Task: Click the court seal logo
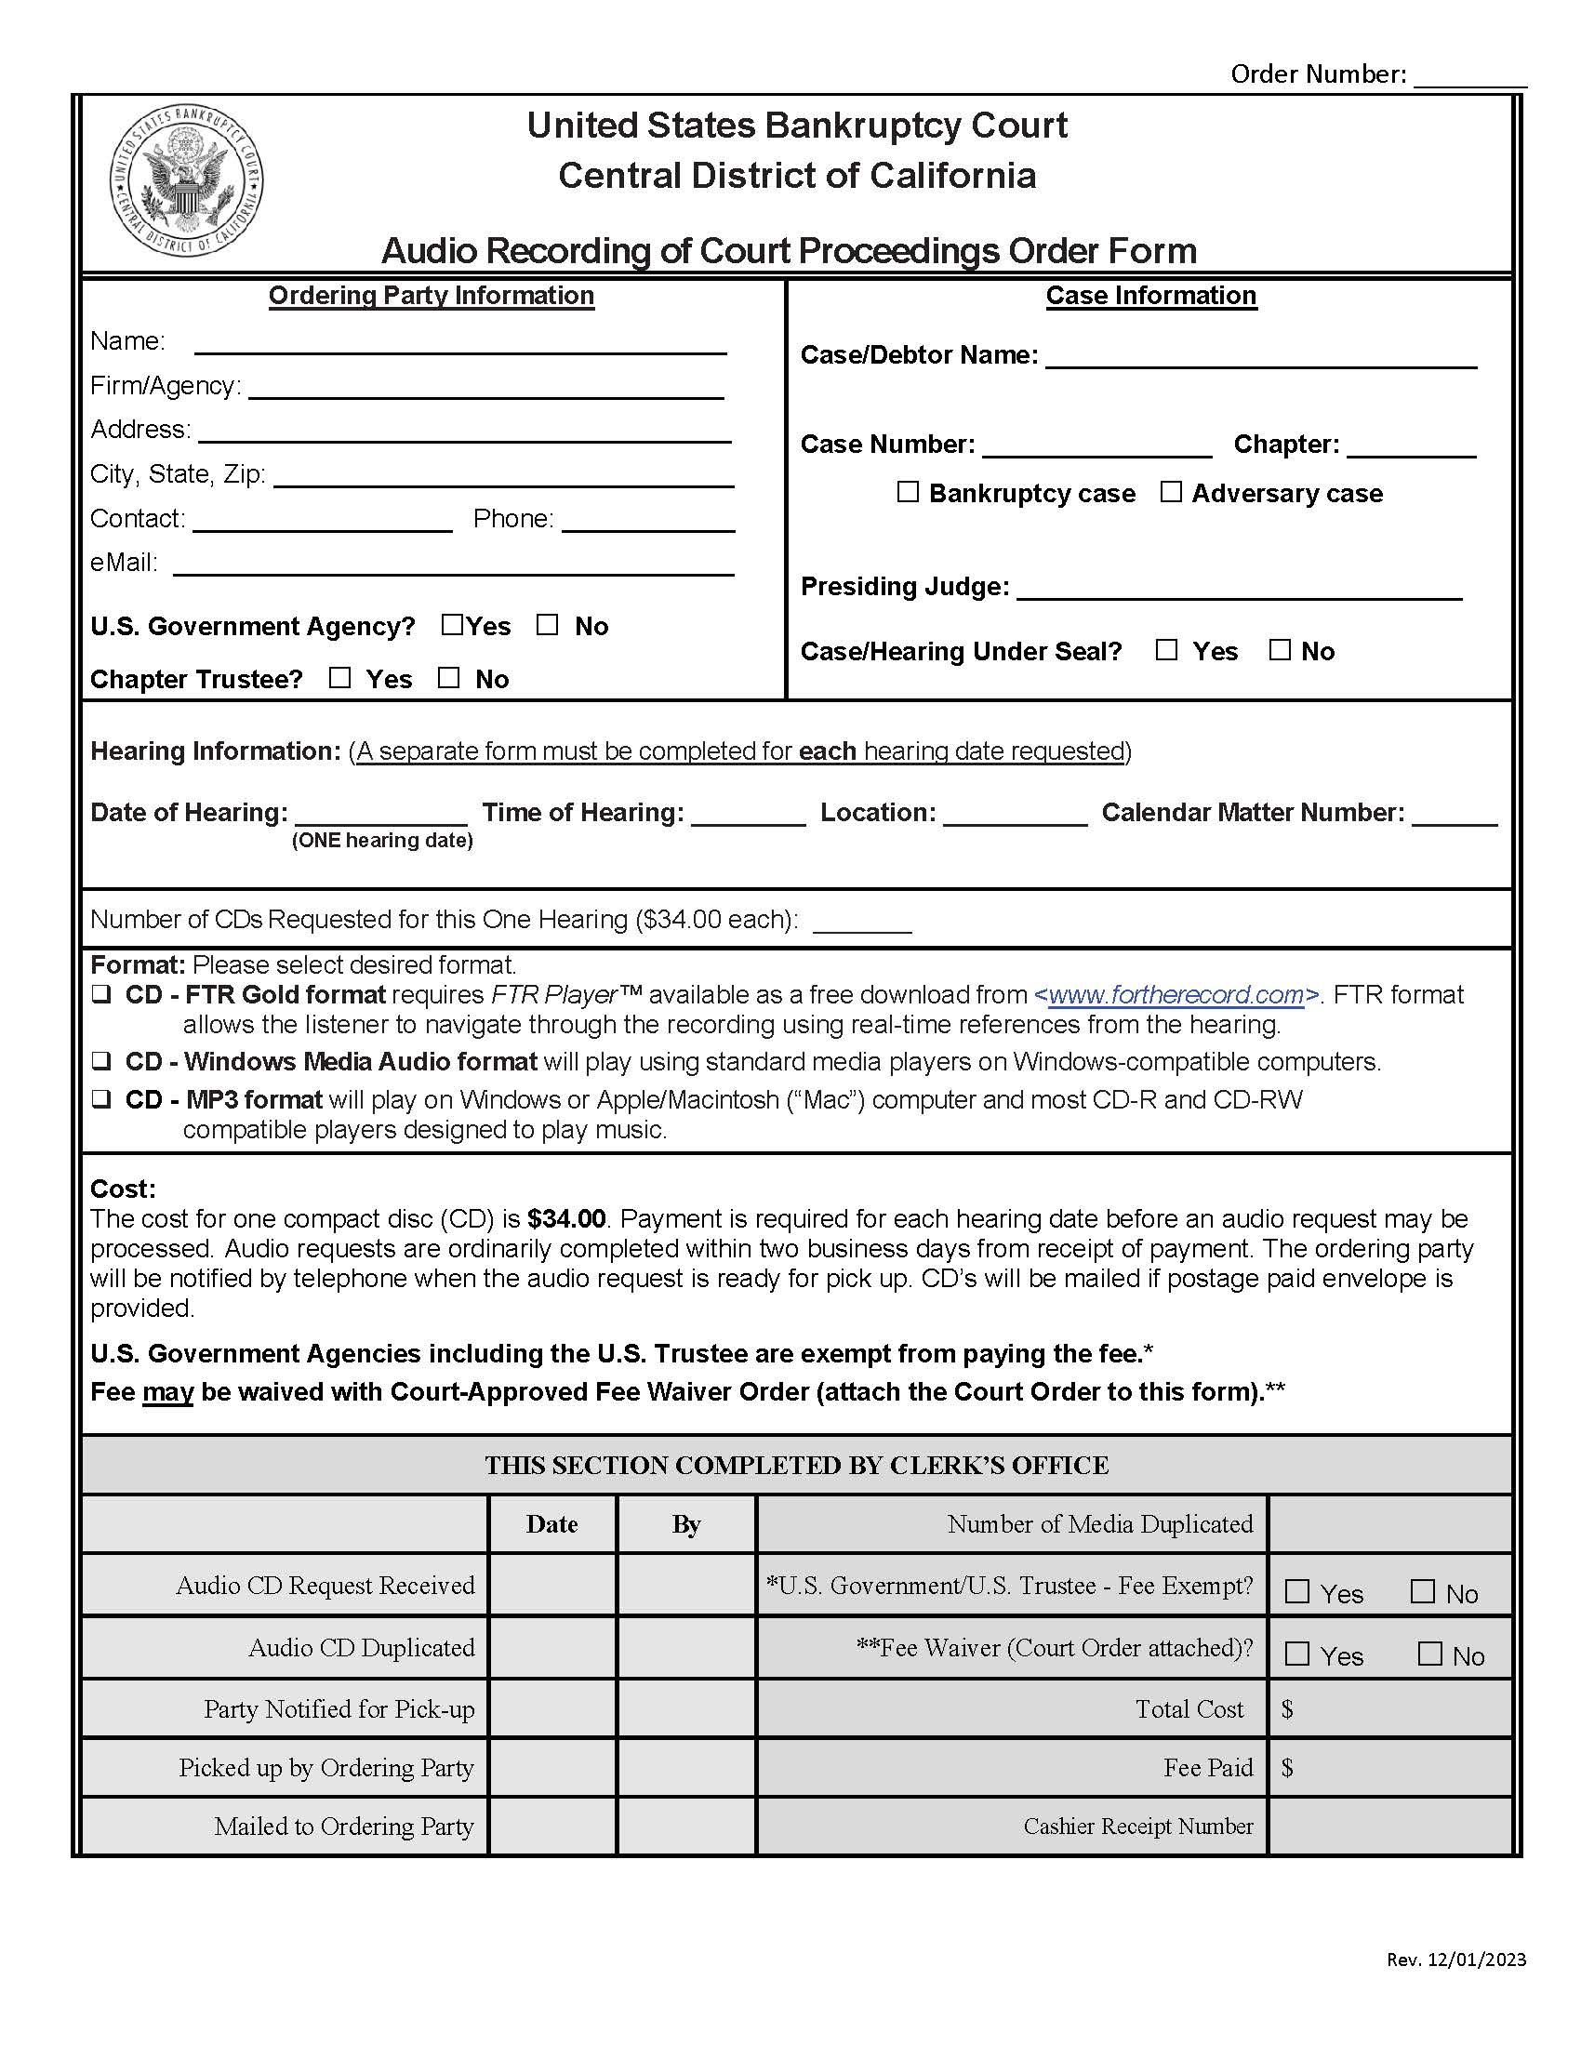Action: coord(186,179)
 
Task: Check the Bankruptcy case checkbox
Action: coord(908,492)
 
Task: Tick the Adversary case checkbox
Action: coord(1171,492)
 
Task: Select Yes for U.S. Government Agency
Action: coord(452,625)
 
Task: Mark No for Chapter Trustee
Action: coord(449,677)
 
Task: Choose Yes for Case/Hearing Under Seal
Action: coord(1166,650)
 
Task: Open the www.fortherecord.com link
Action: coord(1176,995)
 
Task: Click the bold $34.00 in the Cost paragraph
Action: coord(565,1219)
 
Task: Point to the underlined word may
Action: coord(167,1392)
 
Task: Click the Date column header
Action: coord(551,1524)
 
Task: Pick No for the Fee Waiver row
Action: coord(1429,1654)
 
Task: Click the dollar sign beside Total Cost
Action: coord(1287,1709)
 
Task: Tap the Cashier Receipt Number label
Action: coord(1137,1826)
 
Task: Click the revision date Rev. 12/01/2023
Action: coord(1456,1960)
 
